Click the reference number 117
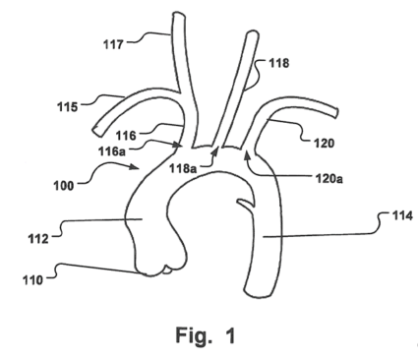click(x=113, y=44)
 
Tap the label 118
click(x=279, y=63)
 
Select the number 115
click(x=68, y=107)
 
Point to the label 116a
click(x=112, y=151)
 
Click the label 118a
click(x=183, y=168)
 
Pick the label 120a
click(x=329, y=178)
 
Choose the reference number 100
click(x=64, y=186)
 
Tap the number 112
click(x=38, y=239)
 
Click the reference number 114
click(x=402, y=215)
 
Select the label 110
click(x=32, y=280)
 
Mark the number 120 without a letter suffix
click(x=324, y=143)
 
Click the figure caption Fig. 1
click(x=206, y=335)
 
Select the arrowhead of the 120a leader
click(x=247, y=154)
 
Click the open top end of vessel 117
click(x=178, y=15)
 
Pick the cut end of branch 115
click(x=97, y=131)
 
